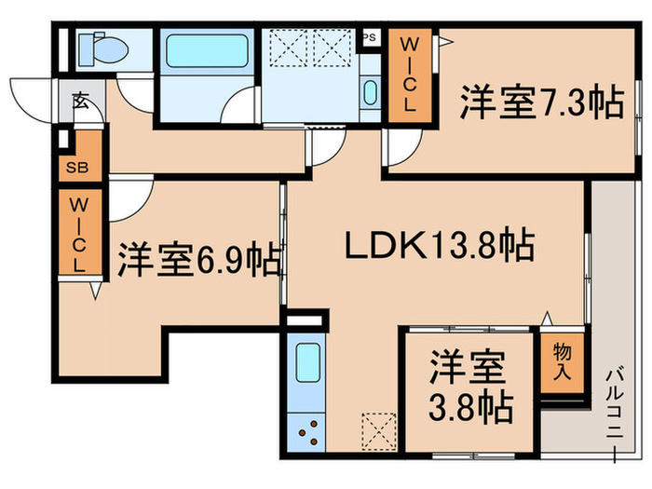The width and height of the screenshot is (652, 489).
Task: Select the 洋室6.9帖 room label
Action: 198,260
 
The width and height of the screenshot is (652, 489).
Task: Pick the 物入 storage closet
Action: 562,361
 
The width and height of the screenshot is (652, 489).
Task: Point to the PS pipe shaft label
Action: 370,38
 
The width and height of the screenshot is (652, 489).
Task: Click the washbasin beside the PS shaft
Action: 370,94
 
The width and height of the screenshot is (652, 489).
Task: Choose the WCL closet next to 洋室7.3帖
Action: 410,74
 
